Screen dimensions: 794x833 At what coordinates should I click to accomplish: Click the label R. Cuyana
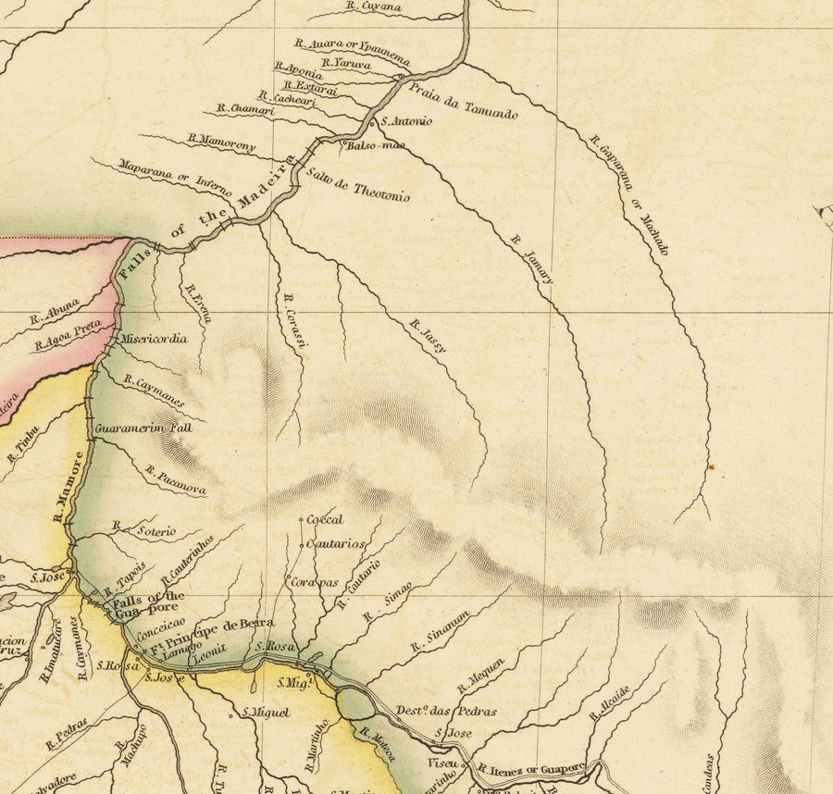[373, 6]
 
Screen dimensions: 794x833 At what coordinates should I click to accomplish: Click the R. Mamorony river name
[221, 143]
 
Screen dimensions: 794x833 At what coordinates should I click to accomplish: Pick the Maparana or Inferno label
[175, 176]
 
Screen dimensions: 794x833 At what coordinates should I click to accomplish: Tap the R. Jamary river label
[531, 259]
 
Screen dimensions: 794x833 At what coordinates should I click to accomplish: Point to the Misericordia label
[152, 339]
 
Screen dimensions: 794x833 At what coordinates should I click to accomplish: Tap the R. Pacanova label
[175, 480]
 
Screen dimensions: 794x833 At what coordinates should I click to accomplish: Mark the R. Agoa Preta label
[68, 336]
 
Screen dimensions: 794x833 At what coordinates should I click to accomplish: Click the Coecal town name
[324, 519]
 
